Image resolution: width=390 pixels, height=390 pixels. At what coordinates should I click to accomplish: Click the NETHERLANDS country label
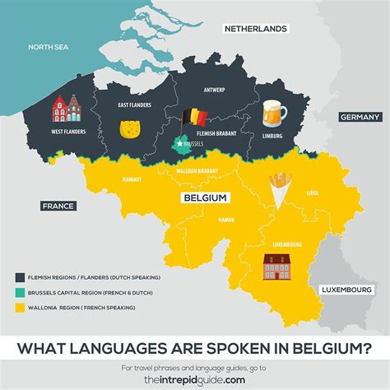tap(256, 28)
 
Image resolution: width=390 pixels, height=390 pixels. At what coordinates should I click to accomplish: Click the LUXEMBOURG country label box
tap(346, 290)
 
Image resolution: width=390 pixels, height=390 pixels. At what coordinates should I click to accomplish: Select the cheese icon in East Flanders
tap(129, 129)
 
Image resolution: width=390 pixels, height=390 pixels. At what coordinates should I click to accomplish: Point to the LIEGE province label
tap(311, 194)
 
